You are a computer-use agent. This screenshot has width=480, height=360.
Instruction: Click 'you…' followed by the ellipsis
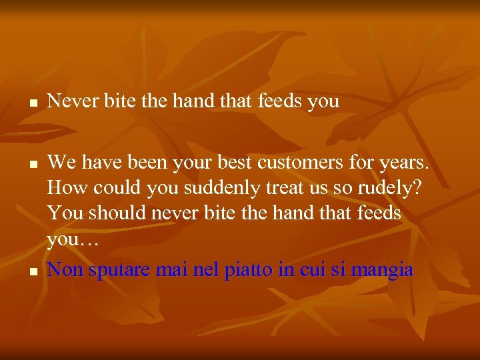pos(72,241)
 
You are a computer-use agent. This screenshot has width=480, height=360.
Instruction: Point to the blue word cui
pos(313,271)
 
